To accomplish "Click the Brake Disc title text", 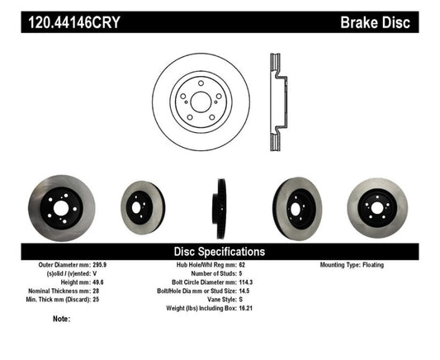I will (x=375, y=21).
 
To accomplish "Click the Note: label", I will (x=62, y=318).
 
